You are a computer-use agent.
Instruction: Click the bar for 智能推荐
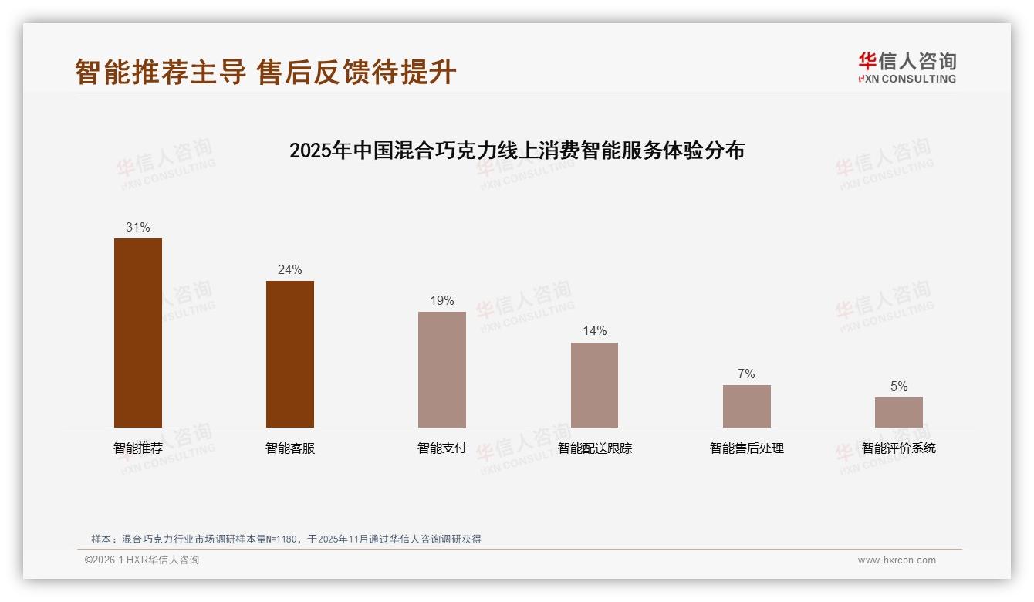click(x=138, y=333)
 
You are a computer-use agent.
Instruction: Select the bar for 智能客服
click(x=290, y=354)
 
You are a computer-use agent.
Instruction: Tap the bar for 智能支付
click(x=442, y=370)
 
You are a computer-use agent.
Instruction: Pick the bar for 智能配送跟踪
click(x=594, y=385)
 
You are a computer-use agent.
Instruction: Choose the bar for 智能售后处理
click(x=746, y=406)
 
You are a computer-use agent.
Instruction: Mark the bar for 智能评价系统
click(x=898, y=412)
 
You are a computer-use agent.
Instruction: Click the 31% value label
click(x=138, y=228)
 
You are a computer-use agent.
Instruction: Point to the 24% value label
click(x=290, y=270)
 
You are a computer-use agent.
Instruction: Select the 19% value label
click(x=442, y=301)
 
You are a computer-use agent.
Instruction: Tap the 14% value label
click(x=594, y=331)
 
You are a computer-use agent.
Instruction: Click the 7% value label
click(x=746, y=374)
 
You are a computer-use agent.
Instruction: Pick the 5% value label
click(x=898, y=387)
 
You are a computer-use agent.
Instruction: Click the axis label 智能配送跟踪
click(x=594, y=448)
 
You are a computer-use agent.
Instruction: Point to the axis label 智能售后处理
click(x=746, y=448)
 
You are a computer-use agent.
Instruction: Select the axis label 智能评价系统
click(x=898, y=448)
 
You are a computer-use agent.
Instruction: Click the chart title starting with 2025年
click(x=517, y=150)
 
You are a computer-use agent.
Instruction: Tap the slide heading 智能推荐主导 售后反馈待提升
click(x=265, y=73)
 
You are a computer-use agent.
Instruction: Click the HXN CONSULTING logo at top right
click(x=907, y=68)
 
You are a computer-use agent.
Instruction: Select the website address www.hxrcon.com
click(x=897, y=560)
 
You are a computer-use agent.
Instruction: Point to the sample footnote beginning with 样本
click(x=286, y=539)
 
